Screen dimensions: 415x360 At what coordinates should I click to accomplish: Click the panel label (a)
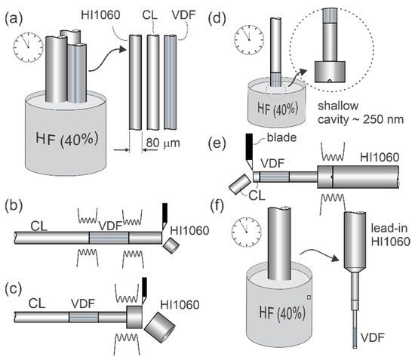click(14, 19)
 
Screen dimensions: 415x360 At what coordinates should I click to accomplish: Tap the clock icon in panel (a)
click(29, 48)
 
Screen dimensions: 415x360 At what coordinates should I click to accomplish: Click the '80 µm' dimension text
click(163, 143)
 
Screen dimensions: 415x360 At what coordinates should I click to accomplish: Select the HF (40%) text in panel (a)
click(66, 139)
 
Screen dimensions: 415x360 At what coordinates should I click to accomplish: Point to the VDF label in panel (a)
click(183, 15)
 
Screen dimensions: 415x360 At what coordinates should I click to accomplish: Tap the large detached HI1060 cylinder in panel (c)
click(160, 328)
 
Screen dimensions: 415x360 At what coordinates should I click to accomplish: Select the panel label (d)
click(217, 19)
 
